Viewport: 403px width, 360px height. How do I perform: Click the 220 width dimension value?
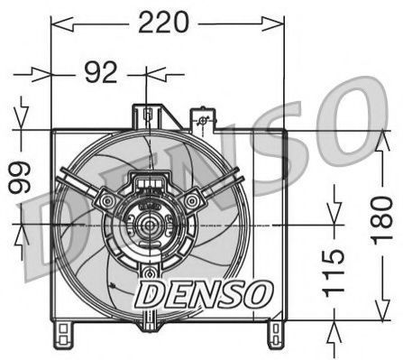pyautogui.click(x=164, y=22)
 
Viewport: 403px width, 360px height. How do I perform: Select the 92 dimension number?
pyautogui.click(x=100, y=72)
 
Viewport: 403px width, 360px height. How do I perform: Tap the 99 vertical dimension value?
pyautogui.click(x=20, y=177)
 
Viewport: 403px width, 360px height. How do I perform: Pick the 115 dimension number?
pyautogui.click(x=334, y=272)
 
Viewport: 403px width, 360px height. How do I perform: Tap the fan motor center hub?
pyautogui.click(x=149, y=225)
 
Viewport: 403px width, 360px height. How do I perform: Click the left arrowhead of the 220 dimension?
pyautogui.click(x=62, y=24)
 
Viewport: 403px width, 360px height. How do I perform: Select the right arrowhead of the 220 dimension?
pyautogui.click(x=273, y=24)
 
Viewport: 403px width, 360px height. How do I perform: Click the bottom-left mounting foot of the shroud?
pyautogui.click(x=63, y=335)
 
